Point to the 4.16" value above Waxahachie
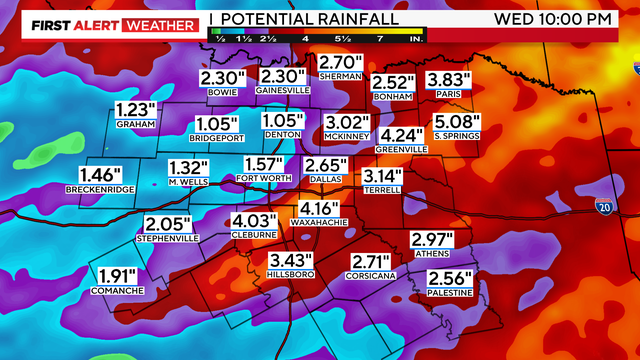tap(317, 207)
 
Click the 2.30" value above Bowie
tap(222, 77)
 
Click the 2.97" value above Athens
tap(432, 239)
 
